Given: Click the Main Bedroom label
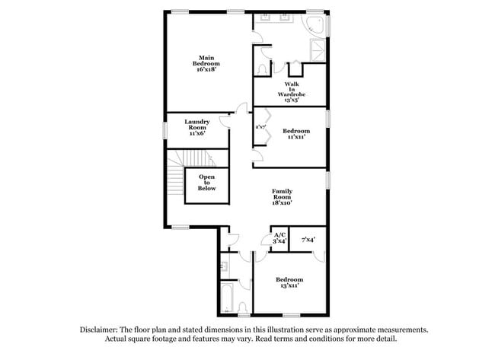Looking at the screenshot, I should [x=206, y=63].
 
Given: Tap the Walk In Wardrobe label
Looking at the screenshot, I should [x=291, y=91].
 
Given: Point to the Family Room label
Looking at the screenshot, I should [x=283, y=197].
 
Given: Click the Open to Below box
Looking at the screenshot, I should [x=207, y=183].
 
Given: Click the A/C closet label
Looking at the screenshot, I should [x=279, y=237].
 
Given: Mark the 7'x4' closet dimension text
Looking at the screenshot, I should [x=308, y=240].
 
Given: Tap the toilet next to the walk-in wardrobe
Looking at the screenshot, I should [x=263, y=69].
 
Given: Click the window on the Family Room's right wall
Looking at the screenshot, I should [x=328, y=180].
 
